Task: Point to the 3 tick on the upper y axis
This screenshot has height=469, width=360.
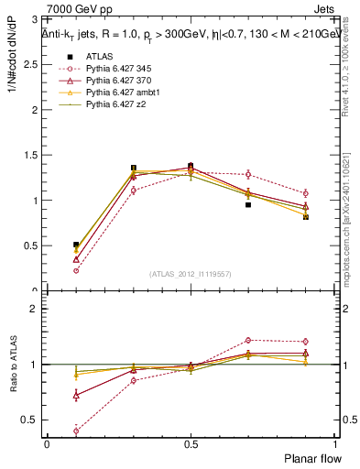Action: coord(36,19)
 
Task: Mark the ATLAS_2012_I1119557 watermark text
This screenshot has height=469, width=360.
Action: coord(190,274)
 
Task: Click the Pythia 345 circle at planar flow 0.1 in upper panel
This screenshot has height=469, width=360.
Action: coord(76,270)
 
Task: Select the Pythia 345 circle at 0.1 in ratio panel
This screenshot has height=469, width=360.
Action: coord(76,431)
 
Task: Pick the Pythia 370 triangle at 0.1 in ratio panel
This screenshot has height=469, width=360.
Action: coord(76,395)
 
